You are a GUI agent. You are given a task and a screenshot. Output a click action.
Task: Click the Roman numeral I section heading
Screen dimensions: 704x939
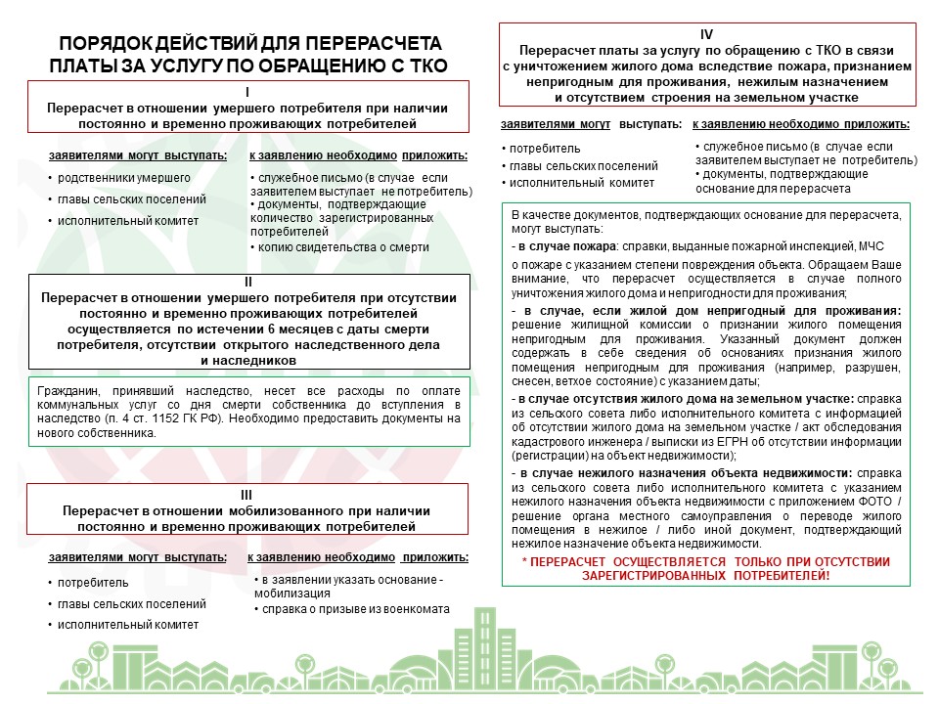(x=247, y=91)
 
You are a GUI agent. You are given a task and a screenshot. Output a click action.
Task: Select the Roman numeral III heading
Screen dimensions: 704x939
(x=246, y=495)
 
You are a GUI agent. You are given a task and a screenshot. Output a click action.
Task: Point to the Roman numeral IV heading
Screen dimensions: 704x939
(x=707, y=34)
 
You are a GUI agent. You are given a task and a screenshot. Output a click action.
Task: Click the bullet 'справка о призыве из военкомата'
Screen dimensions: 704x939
(x=353, y=609)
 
